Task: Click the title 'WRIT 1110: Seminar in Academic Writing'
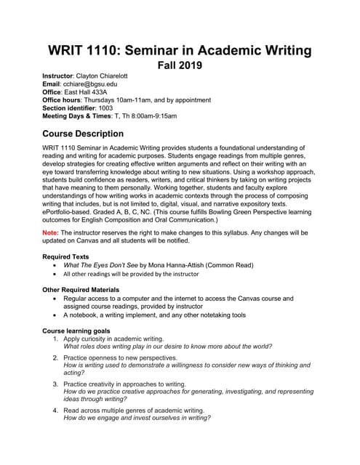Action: coord(180,51)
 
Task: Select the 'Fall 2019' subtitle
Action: coord(180,66)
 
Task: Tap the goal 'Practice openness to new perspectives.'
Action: coord(115,359)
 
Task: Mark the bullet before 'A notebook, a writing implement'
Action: coord(56,316)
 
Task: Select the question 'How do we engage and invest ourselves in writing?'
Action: coord(148,418)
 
